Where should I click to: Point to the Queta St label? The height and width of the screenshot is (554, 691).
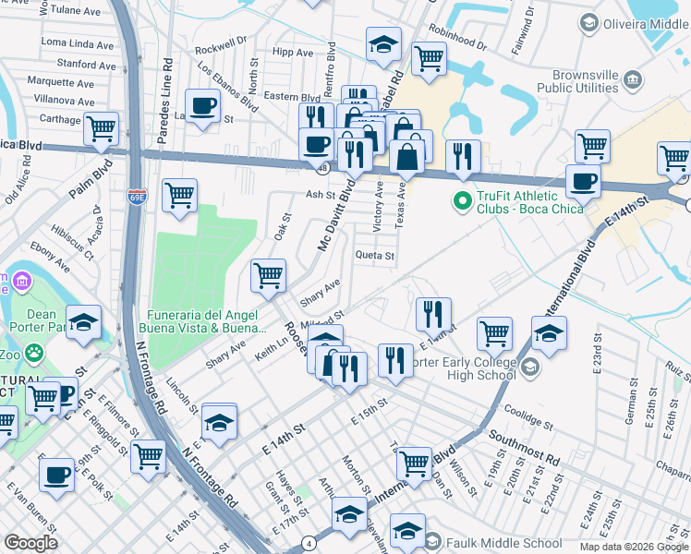point(375,256)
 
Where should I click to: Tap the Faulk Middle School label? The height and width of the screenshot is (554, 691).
point(503,543)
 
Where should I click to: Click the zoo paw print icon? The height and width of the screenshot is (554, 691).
point(35,353)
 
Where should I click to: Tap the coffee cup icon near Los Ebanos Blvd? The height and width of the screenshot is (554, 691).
point(202,105)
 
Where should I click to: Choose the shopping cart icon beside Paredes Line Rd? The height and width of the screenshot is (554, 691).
point(179,195)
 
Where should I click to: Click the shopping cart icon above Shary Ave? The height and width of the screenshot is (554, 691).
point(268,274)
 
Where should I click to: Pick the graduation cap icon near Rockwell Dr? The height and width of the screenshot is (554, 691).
point(382,43)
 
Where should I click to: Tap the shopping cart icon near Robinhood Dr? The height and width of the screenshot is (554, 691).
point(429,58)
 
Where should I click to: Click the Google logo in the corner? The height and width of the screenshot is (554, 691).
point(30,543)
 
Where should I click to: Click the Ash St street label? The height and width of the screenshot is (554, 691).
point(320,195)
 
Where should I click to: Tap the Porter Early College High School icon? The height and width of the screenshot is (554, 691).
point(530,368)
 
